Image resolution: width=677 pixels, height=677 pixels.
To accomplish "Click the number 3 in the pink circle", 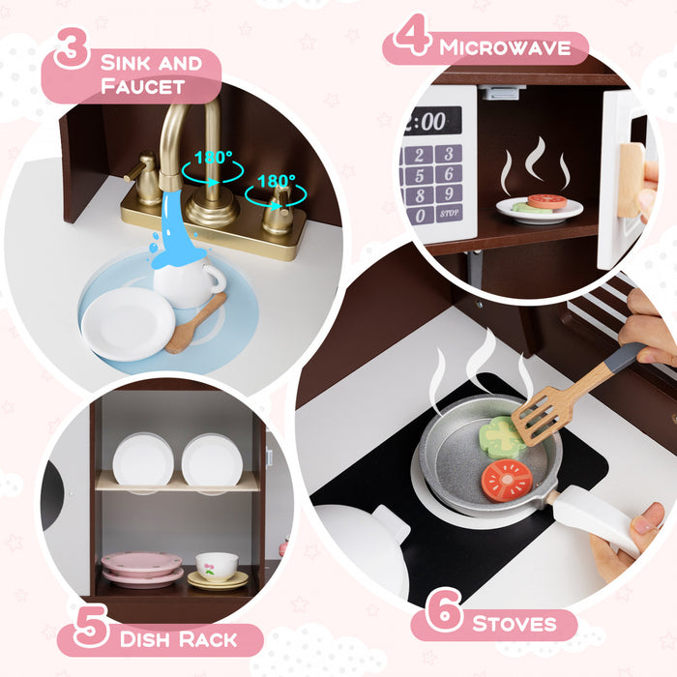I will pyautogui.click(x=72, y=48).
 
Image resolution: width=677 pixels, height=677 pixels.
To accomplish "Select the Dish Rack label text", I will pyautogui.click(x=180, y=639).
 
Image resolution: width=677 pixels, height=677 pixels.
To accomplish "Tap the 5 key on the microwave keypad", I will pyautogui.click(x=420, y=175).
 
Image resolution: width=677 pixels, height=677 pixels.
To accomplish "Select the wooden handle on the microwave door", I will pyautogui.click(x=630, y=178).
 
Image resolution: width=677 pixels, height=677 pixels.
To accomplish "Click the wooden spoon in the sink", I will pyautogui.click(x=193, y=324).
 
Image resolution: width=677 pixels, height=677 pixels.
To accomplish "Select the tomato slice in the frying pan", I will pyautogui.click(x=508, y=480).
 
